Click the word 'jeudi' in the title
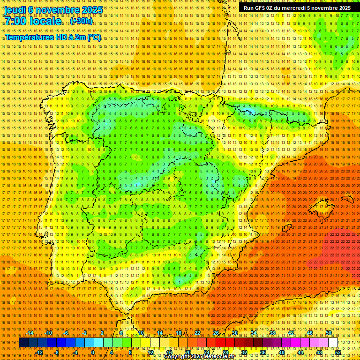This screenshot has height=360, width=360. click(x=14, y=9)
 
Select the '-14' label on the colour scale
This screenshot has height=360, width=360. click(x=30, y=333)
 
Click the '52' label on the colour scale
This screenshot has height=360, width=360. click(x=338, y=352)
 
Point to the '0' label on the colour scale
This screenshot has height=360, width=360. click(x=93, y=352)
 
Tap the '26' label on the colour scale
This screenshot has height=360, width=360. click(x=216, y=333)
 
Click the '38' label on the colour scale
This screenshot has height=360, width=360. click(x=272, y=333)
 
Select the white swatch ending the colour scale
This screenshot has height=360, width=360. click(x=333, y=343)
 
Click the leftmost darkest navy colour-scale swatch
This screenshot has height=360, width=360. click(x=23, y=343)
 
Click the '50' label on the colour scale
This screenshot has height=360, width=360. click(x=329, y=333)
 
